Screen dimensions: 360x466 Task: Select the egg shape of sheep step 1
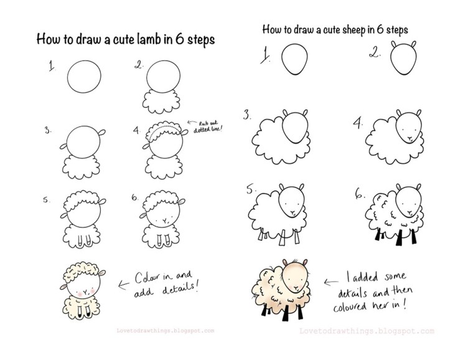[x=293, y=61]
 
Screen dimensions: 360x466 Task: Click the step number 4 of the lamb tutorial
[x=137, y=131]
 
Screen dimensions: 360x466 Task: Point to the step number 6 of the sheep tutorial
[x=359, y=194]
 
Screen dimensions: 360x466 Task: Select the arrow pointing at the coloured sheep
[x=328, y=281]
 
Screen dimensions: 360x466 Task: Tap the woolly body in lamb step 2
[x=161, y=100]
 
